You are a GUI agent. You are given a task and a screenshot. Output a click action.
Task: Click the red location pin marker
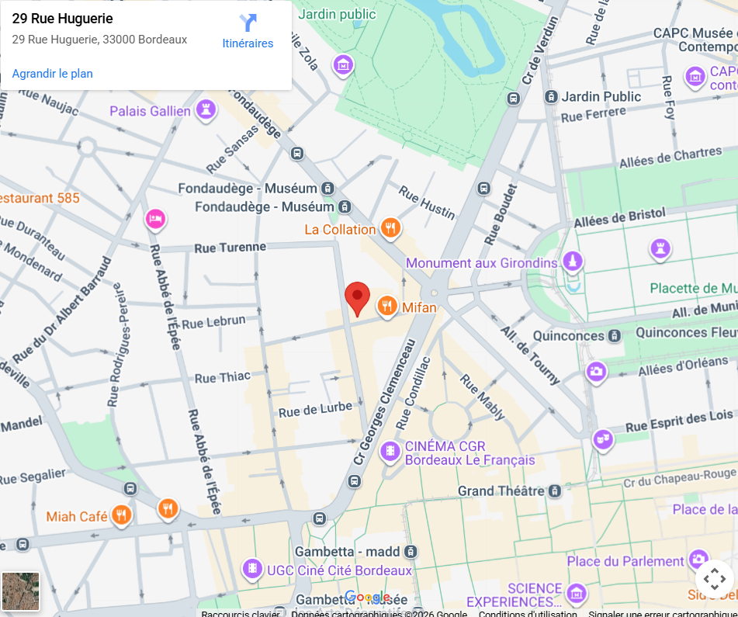tap(357, 298)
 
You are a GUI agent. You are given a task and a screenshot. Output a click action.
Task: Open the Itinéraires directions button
tap(248, 31)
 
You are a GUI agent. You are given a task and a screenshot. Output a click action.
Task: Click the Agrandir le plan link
tap(52, 74)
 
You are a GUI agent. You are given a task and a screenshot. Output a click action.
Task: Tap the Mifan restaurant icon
tap(387, 307)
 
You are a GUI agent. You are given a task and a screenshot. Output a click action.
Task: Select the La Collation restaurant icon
tap(390, 228)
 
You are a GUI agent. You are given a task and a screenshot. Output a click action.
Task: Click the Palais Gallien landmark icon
tap(206, 110)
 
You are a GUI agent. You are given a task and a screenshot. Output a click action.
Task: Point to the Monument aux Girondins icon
tap(573, 262)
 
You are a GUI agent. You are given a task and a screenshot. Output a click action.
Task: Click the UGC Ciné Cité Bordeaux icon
tap(252, 570)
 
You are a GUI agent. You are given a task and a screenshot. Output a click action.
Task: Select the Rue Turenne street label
tap(230, 247)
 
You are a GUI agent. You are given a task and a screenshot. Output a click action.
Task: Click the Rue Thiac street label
tap(222, 377)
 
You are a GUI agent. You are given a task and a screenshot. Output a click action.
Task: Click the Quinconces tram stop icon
tap(615, 336)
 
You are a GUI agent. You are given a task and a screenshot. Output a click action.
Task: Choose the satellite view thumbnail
tap(20, 591)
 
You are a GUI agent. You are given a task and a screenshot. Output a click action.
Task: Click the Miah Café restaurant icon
tap(121, 515)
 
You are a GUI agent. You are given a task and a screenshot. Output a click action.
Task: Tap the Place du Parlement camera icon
tap(698, 560)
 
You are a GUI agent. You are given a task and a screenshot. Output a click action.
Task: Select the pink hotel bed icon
tap(155, 220)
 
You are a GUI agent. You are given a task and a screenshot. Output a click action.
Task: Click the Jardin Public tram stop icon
tap(551, 97)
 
